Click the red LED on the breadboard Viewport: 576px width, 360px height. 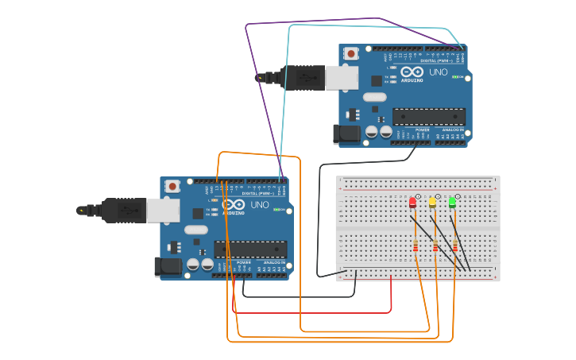click(x=412, y=203)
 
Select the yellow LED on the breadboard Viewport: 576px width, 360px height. click(x=432, y=203)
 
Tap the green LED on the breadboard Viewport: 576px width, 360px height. click(x=452, y=203)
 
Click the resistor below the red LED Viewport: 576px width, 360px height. click(x=416, y=246)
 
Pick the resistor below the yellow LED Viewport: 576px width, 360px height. click(x=435, y=246)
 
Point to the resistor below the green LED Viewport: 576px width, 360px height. click(x=454, y=246)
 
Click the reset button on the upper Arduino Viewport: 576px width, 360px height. click(x=350, y=54)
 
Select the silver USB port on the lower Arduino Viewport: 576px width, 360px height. click(x=163, y=211)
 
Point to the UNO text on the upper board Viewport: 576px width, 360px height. click(x=438, y=72)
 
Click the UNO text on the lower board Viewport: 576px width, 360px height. click(x=259, y=205)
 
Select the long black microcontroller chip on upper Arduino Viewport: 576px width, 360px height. click(x=428, y=116)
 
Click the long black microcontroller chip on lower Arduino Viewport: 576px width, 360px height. click(x=249, y=249)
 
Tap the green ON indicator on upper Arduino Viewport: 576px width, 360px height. click(x=455, y=77)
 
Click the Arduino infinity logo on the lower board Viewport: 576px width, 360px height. click(x=234, y=204)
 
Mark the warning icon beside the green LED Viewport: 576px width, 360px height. click(x=458, y=195)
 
